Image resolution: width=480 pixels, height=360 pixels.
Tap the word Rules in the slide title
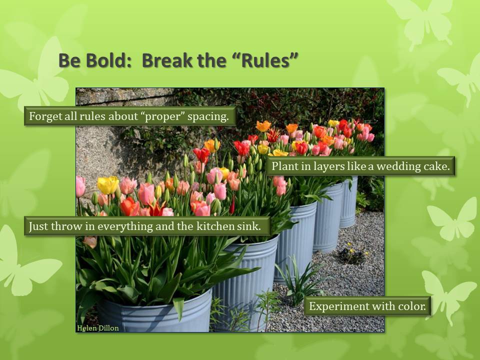click(265, 60)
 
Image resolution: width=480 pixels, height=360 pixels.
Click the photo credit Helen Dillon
click(98, 328)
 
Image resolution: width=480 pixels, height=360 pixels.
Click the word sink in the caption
click(249, 226)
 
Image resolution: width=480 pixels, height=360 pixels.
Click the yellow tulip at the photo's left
click(108, 185)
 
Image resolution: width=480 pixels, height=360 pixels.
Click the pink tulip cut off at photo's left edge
click(80, 186)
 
